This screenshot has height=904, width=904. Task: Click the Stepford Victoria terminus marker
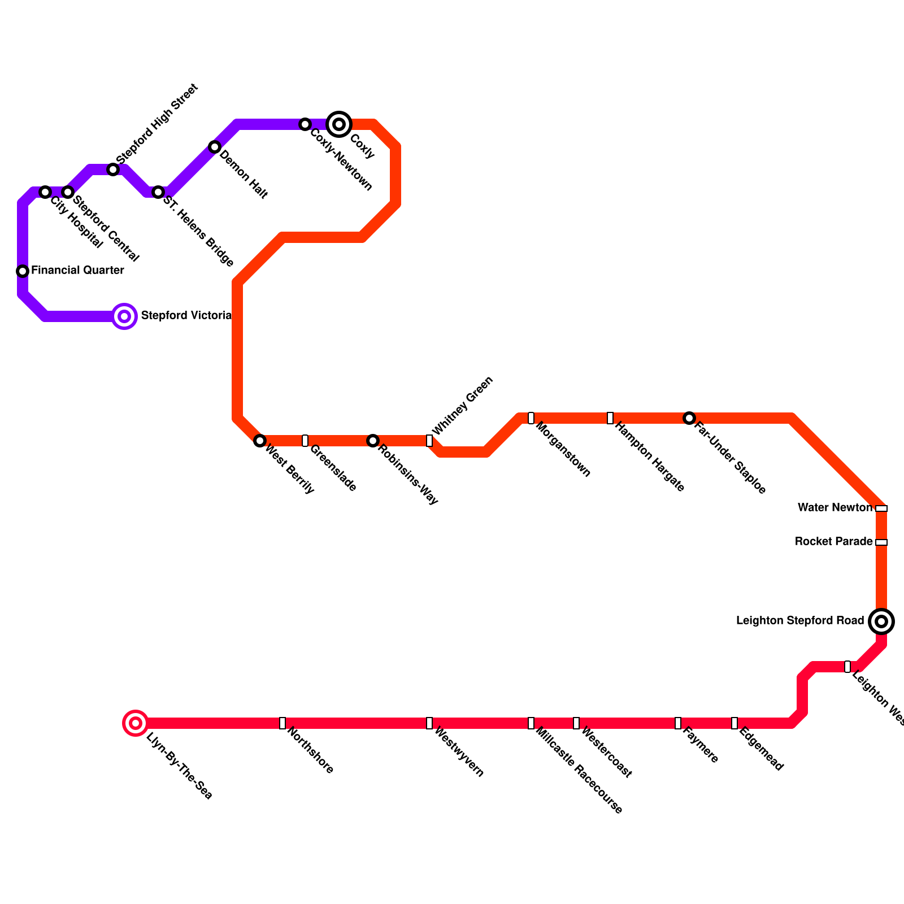pyautogui.click(x=124, y=316)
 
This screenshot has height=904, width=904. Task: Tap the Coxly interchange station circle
pyautogui.click(x=339, y=124)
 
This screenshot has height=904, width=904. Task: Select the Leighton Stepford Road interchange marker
pyautogui.click(x=881, y=621)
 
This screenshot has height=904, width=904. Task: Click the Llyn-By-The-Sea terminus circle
pyautogui.click(x=136, y=723)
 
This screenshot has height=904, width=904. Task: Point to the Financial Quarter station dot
pyautogui.click(x=23, y=271)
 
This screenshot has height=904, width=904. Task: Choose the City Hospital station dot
pyautogui.click(x=45, y=192)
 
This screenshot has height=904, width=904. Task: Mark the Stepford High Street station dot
pyautogui.click(x=113, y=169)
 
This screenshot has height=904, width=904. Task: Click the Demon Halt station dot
pyautogui.click(x=215, y=147)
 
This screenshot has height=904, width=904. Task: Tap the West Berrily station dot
pyautogui.click(x=260, y=441)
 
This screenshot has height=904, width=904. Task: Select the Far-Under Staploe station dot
pyautogui.click(x=689, y=418)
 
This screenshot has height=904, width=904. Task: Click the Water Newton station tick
pyautogui.click(x=881, y=508)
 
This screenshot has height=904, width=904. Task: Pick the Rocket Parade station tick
pyautogui.click(x=881, y=542)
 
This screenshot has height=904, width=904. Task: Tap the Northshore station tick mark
pyautogui.click(x=282, y=723)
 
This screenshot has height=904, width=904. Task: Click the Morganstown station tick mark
pyautogui.click(x=531, y=418)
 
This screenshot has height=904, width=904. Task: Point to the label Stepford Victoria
pyautogui.click(x=186, y=315)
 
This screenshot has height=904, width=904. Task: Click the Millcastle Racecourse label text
pyautogui.click(x=579, y=771)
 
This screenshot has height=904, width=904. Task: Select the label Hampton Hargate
pyautogui.click(x=650, y=457)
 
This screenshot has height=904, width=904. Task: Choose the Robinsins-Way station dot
pyautogui.click(x=373, y=441)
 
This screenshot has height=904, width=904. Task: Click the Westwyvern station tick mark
pyautogui.click(x=429, y=723)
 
